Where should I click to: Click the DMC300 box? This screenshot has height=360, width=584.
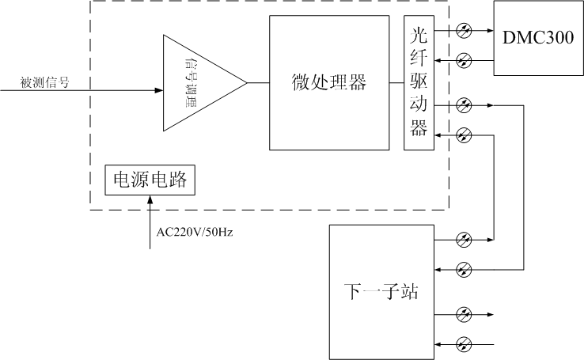tap(538, 38)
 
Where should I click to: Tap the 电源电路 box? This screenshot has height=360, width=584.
tap(150, 180)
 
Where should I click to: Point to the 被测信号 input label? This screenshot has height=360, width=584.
tap(43, 81)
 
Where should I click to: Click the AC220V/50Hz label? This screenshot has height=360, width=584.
tap(193, 231)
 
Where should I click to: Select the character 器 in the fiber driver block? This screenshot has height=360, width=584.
tap(419, 129)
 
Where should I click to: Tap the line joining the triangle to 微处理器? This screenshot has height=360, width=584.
tap(258, 83)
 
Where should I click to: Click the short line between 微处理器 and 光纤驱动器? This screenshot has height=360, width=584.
tap(396, 83)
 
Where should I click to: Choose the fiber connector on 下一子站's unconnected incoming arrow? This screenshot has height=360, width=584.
tap(465, 344)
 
